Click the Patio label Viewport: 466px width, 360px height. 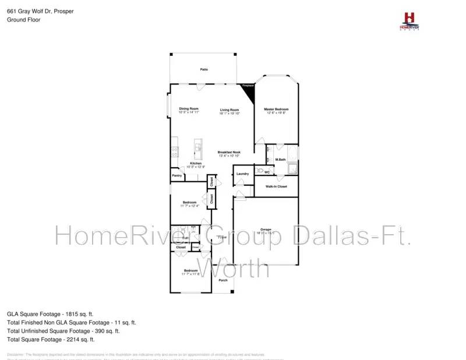point(204,69)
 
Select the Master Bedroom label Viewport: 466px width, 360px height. point(276,110)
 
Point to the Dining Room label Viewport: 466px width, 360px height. point(189,109)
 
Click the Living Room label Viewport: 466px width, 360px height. point(230,110)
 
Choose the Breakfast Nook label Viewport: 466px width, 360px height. point(229,153)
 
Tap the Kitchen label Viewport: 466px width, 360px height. point(195,164)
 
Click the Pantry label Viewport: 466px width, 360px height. point(177,175)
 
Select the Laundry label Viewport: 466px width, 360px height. point(243,174)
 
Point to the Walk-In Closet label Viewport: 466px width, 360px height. point(276,186)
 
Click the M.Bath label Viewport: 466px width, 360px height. point(280,160)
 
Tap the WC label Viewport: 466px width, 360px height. point(266,172)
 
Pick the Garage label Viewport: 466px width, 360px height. point(266,230)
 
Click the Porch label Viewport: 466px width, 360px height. point(223,280)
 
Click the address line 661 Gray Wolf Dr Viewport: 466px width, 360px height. point(40,11)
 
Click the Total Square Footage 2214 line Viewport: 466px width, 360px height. point(51,339)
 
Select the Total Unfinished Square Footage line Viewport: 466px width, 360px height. point(63,330)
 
